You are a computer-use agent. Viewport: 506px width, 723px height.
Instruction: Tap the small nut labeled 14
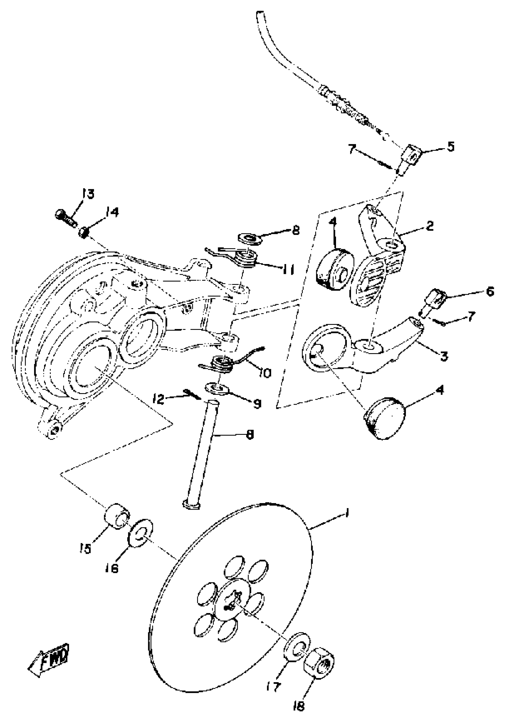click(83, 233)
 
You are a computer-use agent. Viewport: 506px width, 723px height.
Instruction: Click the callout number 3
click(444, 357)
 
